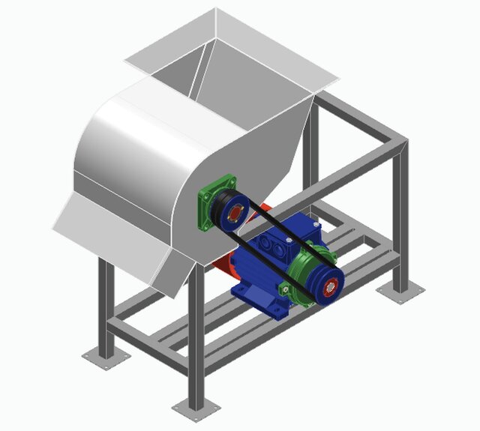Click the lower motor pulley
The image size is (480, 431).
click(328, 284)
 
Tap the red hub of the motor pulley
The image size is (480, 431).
click(331, 285)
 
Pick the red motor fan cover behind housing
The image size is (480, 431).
click(225, 266)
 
